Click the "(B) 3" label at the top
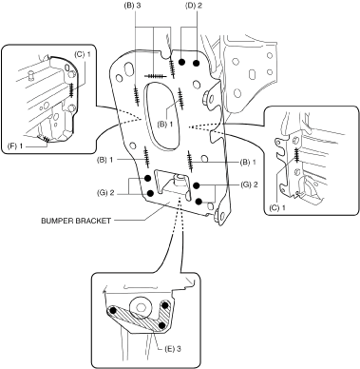[x=132, y=7]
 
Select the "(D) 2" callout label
[x=193, y=7]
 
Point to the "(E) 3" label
[x=173, y=349]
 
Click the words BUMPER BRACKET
[x=76, y=221]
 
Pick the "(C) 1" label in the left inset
[x=83, y=54]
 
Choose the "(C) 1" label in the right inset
[x=277, y=208]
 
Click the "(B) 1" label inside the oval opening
[x=165, y=124]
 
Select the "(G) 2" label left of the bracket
[x=105, y=193]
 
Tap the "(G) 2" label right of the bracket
[x=249, y=184]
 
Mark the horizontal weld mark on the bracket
[x=154, y=76]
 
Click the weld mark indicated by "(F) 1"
[x=46, y=139]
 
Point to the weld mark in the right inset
[x=296, y=155]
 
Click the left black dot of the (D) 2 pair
[x=181, y=62]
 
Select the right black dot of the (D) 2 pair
[x=197, y=63]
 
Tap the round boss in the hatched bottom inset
[x=141, y=307]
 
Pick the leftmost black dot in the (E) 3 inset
[x=112, y=311]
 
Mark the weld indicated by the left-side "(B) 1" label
[x=146, y=157]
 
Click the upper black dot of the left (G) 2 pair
[x=147, y=178]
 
